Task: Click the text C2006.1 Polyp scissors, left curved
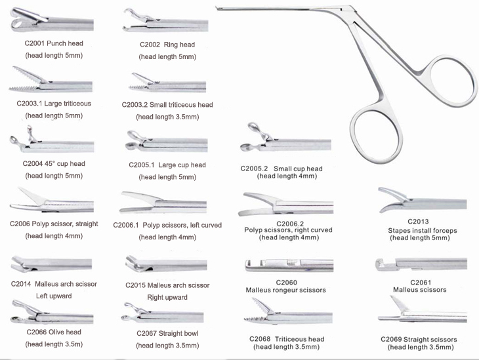coord(168,224)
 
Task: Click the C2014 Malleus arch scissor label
coord(54,284)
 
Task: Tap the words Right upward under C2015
coord(167,297)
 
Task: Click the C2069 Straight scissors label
coord(419,339)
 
